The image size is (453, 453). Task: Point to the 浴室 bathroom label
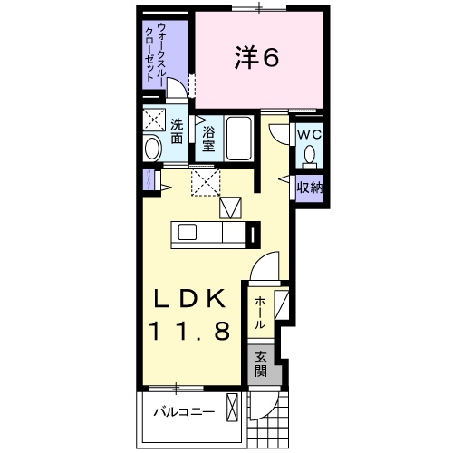point(208,138)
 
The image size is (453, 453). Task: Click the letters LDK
point(194,298)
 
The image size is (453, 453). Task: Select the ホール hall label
point(260,313)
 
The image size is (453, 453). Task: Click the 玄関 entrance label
point(261,363)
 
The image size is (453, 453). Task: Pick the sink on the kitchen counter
point(188,233)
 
